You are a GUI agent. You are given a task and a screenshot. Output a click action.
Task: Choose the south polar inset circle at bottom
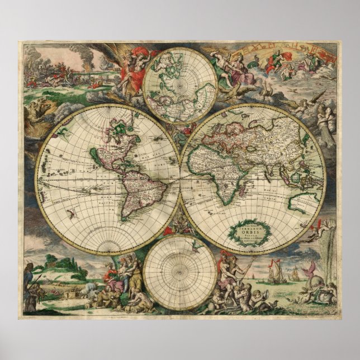coord(179,272)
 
